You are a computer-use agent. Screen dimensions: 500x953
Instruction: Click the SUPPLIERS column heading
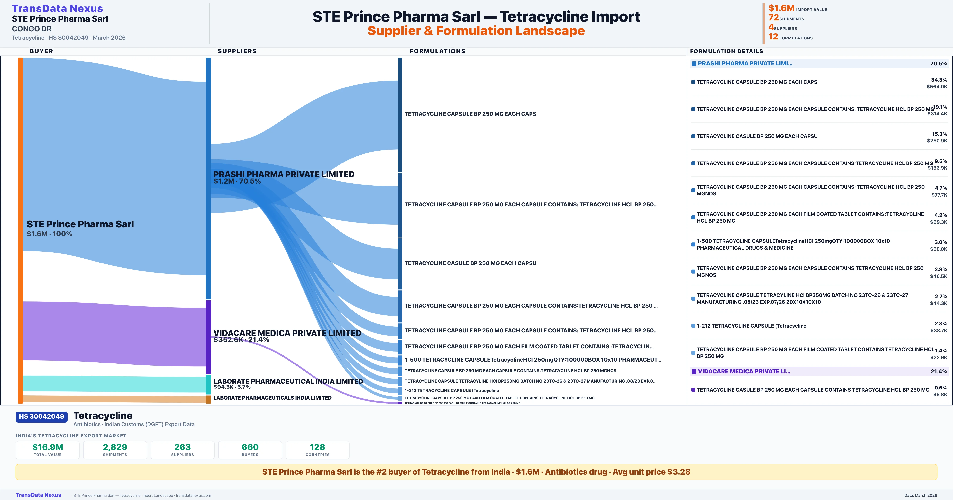(237, 51)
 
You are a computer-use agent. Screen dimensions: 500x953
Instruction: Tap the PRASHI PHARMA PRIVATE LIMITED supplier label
(284, 174)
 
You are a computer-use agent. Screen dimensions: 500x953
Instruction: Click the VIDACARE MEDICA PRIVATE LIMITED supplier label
(287, 333)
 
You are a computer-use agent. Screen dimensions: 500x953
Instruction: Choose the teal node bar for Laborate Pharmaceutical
(208, 384)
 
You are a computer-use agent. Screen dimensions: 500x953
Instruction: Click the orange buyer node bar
(20, 229)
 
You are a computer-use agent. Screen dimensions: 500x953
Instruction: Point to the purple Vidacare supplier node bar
(208, 337)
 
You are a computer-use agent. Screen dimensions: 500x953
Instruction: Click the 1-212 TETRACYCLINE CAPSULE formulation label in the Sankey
(451, 390)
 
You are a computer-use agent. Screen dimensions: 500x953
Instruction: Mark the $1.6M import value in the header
(781, 8)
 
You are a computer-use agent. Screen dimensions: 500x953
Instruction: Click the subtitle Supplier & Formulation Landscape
(476, 31)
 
